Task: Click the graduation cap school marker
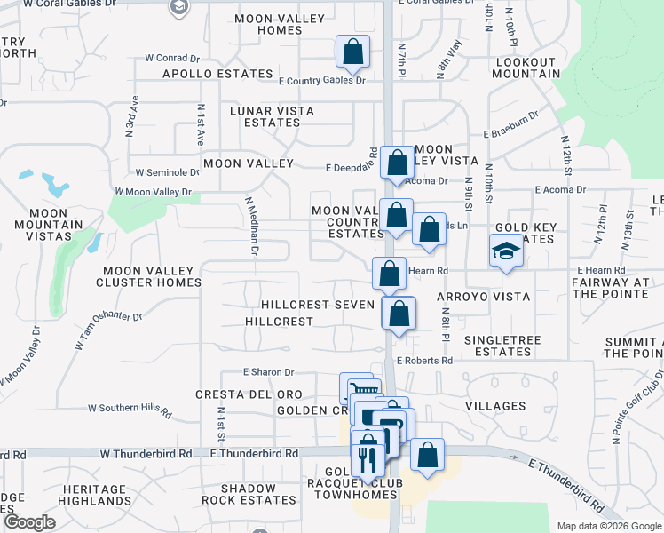pyautogui.click(x=506, y=251)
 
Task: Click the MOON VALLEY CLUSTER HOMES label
pyautogui.click(x=152, y=276)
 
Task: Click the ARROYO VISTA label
pyautogui.click(x=483, y=297)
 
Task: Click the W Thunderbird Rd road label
pyautogui.click(x=146, y=453)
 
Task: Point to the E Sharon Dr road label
pyautogui.click(x=268, y=373)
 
